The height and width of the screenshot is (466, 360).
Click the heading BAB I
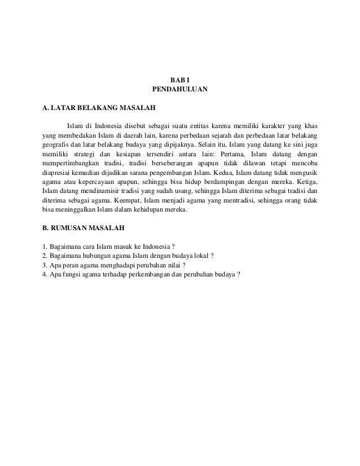point(181,79)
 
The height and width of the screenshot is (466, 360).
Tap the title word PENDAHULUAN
point(181,89)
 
